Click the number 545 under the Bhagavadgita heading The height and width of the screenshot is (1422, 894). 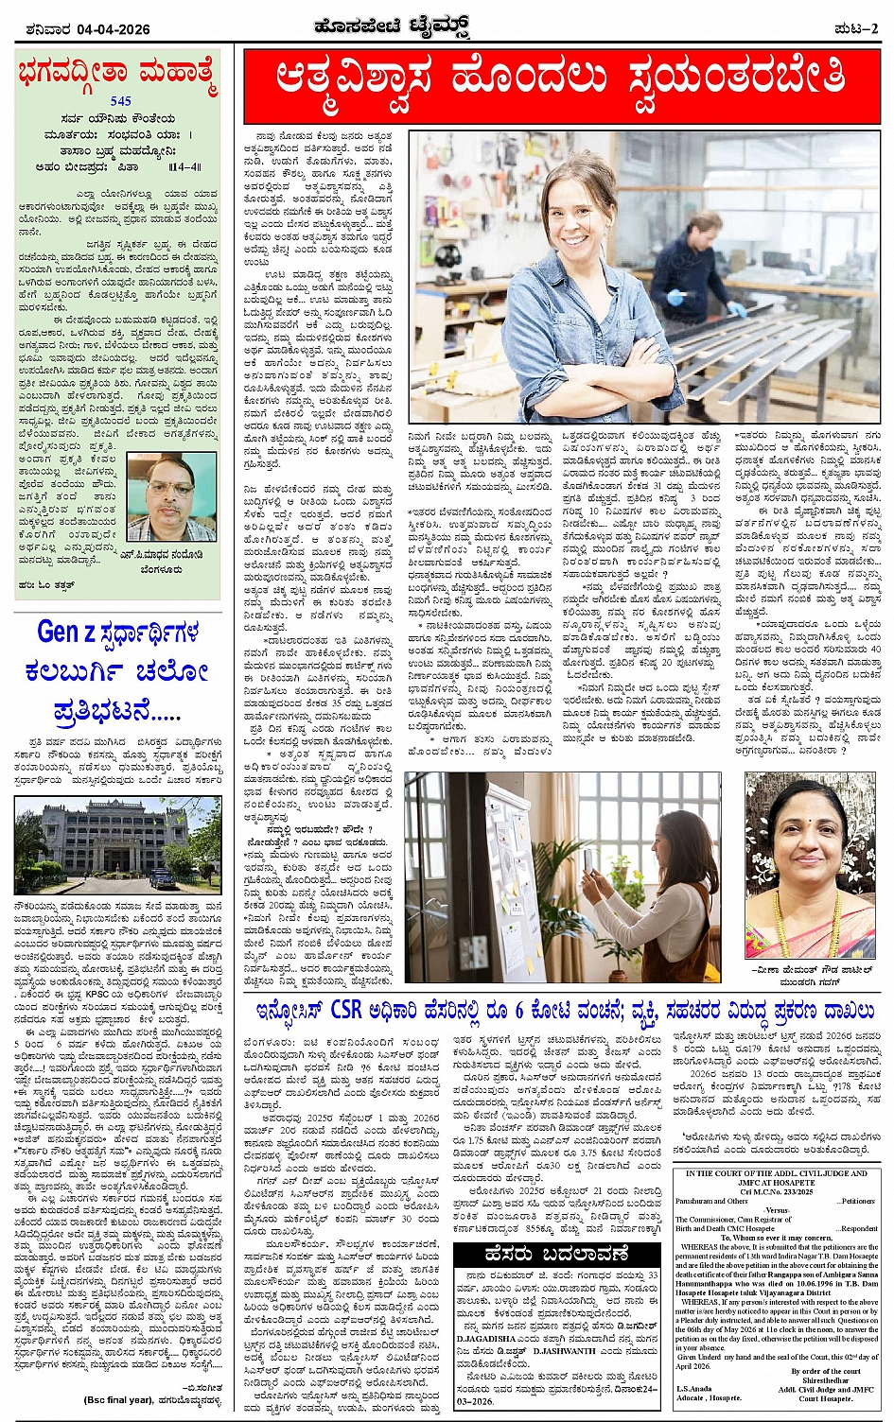121,100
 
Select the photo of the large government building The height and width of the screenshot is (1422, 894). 117,844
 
